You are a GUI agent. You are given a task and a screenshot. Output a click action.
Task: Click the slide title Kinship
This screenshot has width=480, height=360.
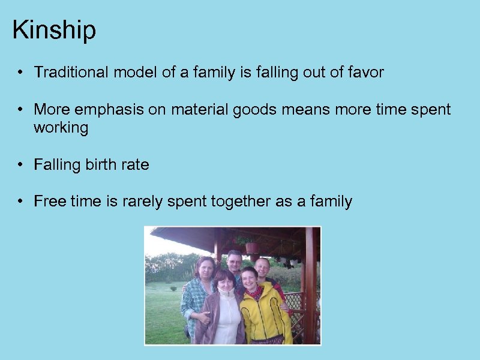click(54, 30)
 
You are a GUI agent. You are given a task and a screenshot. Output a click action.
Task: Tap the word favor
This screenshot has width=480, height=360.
click(366, 73)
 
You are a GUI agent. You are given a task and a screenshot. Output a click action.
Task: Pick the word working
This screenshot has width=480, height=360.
click(61, 128)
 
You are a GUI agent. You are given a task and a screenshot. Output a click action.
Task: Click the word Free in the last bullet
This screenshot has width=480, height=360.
click(48, 201)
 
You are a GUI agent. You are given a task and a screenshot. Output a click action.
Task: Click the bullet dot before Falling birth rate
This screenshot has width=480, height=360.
click(20, 165)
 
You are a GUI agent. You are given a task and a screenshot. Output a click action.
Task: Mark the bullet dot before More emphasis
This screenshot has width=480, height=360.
click(20, 110)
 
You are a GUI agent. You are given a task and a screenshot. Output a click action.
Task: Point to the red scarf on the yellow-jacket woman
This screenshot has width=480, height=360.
click(254, 295)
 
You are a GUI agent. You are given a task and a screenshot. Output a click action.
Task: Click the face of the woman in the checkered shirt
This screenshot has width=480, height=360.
click(204, 268)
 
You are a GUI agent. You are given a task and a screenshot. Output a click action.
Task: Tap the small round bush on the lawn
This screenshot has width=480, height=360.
click(173, 288)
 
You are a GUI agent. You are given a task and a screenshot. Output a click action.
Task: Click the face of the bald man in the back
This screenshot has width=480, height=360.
click(262, 268)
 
